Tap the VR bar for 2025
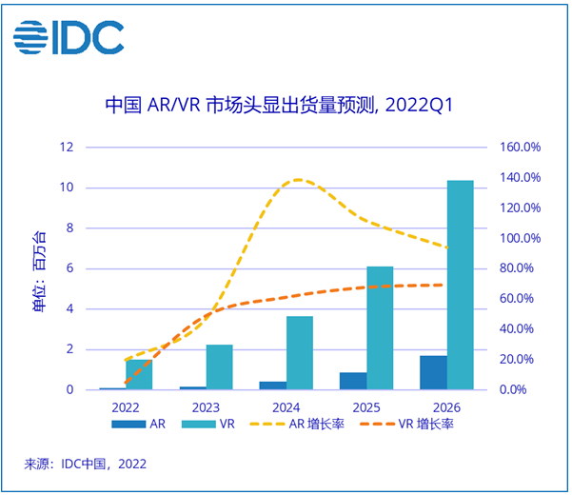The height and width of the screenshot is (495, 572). coord(380,327)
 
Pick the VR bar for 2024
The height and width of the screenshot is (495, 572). coord(300,352)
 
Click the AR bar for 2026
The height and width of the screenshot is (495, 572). coord(433,372)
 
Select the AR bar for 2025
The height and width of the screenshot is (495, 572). coord(353,381)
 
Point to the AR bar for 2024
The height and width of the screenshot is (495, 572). coord(273,386)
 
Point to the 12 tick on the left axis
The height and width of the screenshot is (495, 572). coord(66,148)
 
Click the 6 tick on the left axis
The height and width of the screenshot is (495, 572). coord(69,268)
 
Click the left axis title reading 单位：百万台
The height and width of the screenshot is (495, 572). coord(39,269)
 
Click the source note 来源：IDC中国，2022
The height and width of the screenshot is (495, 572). coord(86,465)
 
